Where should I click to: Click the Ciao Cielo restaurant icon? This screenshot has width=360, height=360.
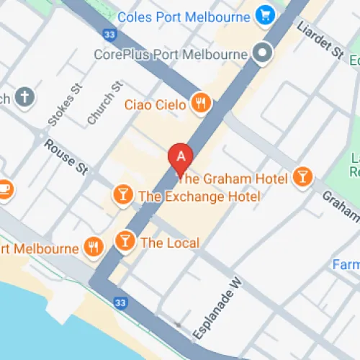(201, 104)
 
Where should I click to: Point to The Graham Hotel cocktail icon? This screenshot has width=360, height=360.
(303, 177)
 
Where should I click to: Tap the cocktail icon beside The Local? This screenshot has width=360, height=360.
(125, 242)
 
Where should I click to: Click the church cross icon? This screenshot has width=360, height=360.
(24, 97)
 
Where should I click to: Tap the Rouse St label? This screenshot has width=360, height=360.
(66, 157)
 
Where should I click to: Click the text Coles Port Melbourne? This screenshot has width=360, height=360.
(184, 16)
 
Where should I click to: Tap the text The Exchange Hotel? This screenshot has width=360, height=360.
(199, 196)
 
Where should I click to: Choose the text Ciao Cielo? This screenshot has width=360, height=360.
(156, 105)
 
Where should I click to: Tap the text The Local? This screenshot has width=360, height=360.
(170, 243)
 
